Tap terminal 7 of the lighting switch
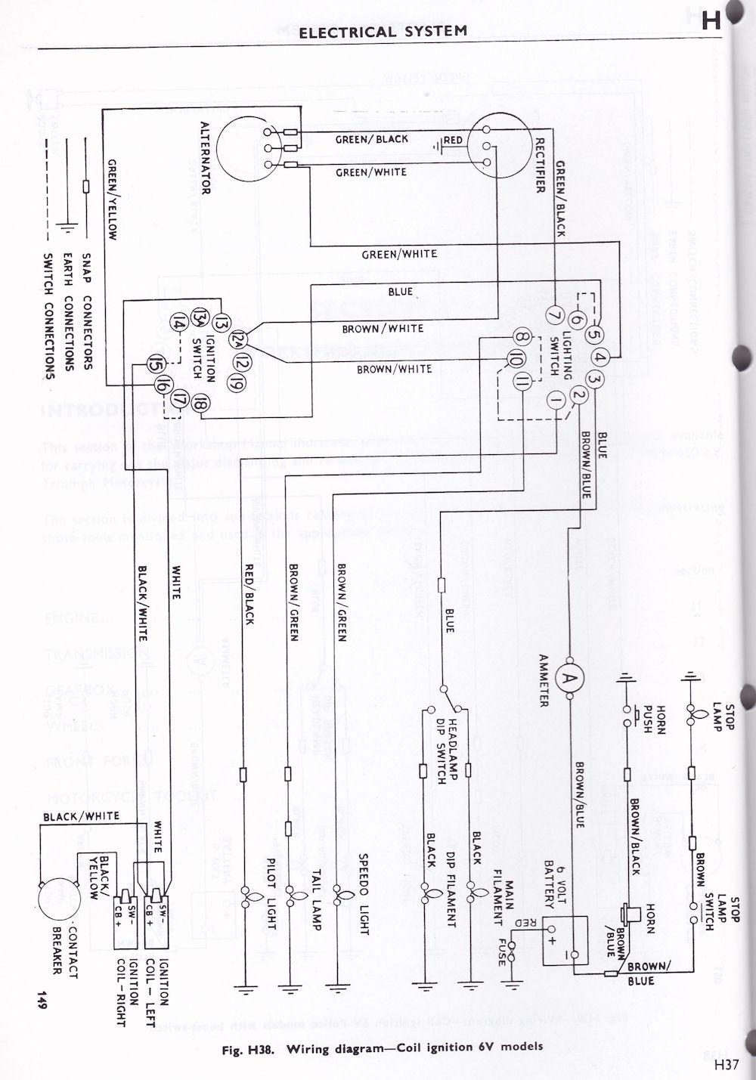pyautogui.click(x=553, y=314)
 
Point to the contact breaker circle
pyautogui.click(x=60, y=895)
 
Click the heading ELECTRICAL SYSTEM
pyautogui.click(x=383, y=31)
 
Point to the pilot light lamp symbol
pyautogui.click(x=245, y=898)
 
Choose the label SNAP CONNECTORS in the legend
pyautogui.click(x=87, y=311)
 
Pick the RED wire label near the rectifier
pyautogui.click(x=453, y=141)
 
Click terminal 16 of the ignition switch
pyautogui.click(x=161, y=385)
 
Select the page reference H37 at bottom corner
pyautogui.click(x=724, y=1065)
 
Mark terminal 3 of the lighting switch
pyautogui.click(x=596, y=380)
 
